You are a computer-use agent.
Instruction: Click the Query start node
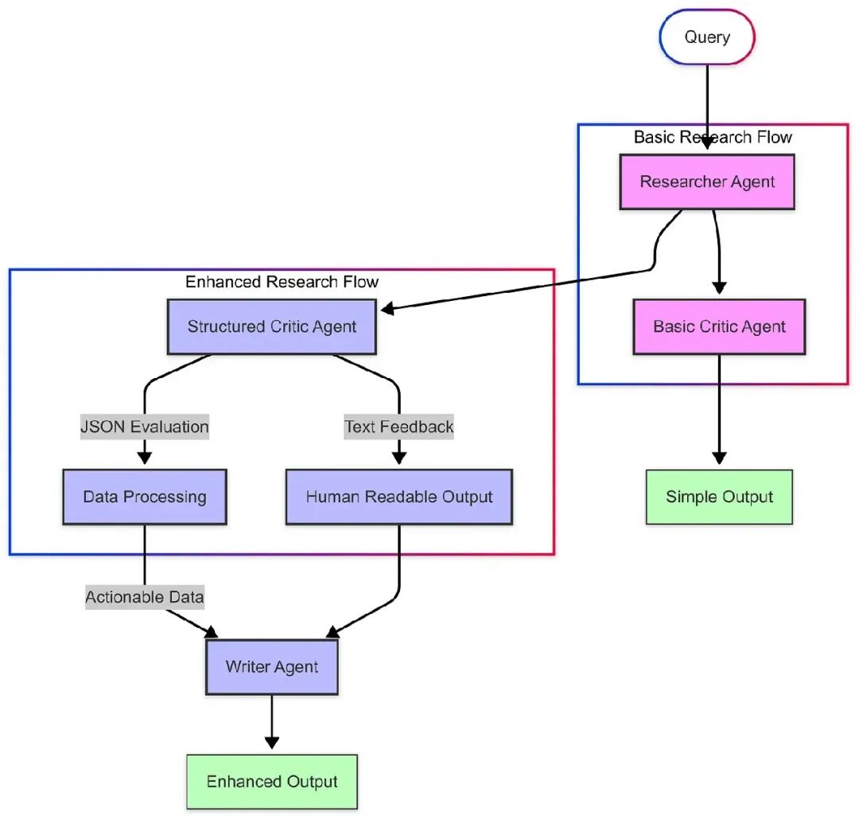(707, 37)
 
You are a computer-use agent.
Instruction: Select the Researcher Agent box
(707, 182)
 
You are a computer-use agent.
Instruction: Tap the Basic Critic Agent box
(719, 326)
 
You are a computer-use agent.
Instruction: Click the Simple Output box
(719, 497)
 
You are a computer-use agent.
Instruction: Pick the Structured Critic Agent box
(272, 326)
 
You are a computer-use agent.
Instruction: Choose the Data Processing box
(145, 497)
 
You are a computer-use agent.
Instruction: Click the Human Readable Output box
(398, 497)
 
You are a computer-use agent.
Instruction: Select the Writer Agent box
(272, 667)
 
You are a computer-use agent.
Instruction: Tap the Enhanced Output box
(272, 782)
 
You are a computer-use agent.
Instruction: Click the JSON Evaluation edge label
(145, 427)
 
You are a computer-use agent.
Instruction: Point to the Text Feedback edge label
(398, 427)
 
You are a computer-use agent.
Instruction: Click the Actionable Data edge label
(145, 597)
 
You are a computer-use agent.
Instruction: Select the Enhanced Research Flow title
(282, 281)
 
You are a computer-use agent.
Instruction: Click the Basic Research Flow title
(713, 137)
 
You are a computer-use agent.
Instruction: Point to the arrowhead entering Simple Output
(719, 458)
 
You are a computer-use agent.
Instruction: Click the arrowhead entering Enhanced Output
(272, 743)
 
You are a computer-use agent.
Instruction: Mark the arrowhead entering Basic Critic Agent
(719, 287)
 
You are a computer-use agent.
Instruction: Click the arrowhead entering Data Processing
(145, 458)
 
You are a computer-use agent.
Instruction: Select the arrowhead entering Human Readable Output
(398, 458)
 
